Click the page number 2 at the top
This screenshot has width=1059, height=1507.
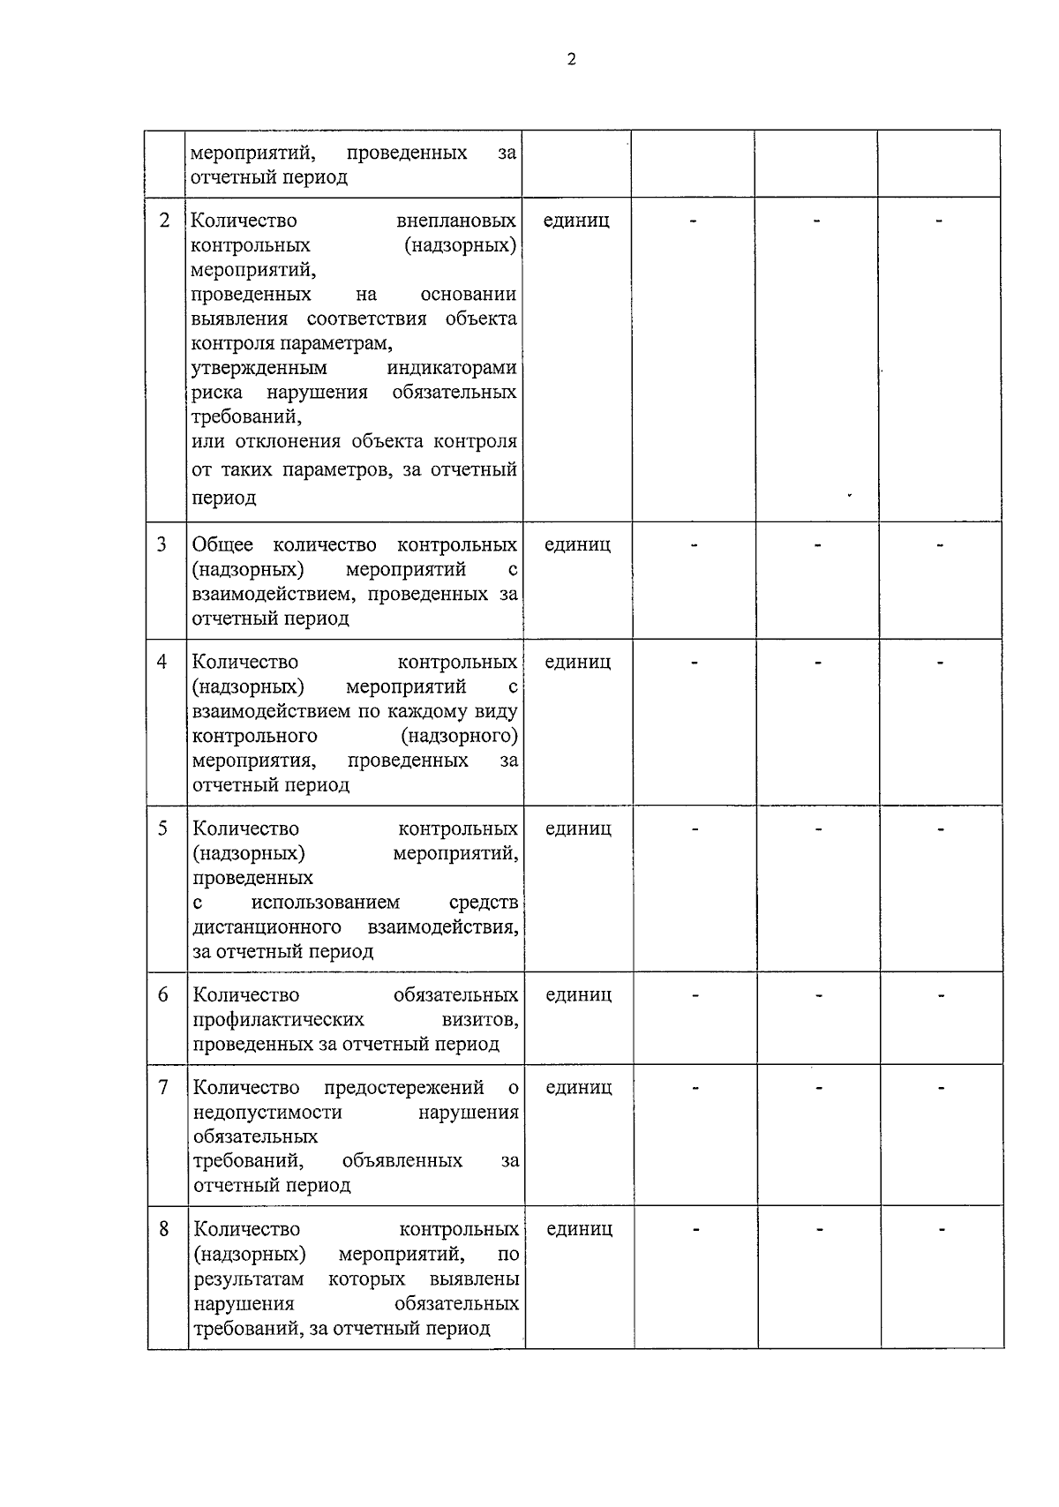coord(571,60)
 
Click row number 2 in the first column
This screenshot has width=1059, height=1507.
coord(164,221)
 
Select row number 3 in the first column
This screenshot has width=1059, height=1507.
coord(161,544)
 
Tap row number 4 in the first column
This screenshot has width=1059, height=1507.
coord(161,661)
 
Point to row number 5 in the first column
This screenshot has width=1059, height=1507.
coord(162,828)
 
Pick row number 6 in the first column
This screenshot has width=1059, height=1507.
coord(162,994)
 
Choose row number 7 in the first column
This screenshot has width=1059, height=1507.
coord(163,1087)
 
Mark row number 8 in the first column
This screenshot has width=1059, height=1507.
coord(163,1228)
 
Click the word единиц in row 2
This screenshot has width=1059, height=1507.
coord(576,221)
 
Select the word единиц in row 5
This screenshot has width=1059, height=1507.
coord(578,828)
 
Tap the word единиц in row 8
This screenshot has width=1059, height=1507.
coord(579,1229)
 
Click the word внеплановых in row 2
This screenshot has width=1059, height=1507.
coord(456,221)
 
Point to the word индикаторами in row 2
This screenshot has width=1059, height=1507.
coord(452,368)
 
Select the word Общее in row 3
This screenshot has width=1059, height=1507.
coord(222,545)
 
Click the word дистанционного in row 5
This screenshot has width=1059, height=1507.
coord(267,927)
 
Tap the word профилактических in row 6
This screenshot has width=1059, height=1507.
coord(278,1020)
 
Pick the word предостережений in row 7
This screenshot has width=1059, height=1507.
coord(404,1087)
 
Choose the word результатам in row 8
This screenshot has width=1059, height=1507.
coord(249,1279)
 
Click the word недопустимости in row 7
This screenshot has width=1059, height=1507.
coord(267,1113)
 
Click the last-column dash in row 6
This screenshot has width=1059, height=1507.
coord(942,996)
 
